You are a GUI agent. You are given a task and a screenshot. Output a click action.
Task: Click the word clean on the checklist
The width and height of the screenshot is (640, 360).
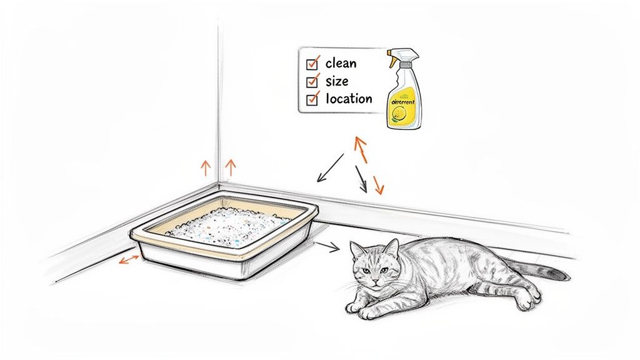coord(341,63)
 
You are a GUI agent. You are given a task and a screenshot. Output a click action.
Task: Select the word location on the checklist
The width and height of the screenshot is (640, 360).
coord(349,99)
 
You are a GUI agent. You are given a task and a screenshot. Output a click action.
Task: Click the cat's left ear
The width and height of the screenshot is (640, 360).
coord(391,248)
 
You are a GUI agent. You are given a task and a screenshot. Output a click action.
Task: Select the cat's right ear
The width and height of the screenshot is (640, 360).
coord(357,249)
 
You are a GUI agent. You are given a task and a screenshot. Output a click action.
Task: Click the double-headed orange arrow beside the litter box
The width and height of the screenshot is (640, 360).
coord(129,259)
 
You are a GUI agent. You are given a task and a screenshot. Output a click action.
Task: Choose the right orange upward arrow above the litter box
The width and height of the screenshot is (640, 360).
coord(230,167)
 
